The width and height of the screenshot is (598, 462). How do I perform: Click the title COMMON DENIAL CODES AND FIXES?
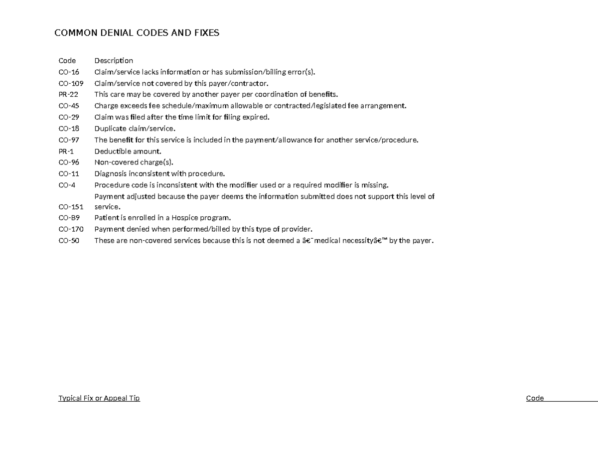(137, 33)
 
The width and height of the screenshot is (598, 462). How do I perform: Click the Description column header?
(114, 61)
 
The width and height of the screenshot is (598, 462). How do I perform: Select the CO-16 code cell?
(69, 72)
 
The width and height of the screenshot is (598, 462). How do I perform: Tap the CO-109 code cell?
(71, 83)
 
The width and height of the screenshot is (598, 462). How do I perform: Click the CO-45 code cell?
(69, 106)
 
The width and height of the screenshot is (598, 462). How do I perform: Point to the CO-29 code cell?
(69, 117)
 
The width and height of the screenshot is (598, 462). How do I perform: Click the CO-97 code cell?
(69, 140)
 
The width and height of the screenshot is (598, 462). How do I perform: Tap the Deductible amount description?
(128, 151)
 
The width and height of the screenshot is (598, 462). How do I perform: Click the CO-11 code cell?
(69, 174)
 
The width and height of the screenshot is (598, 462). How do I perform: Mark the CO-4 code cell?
(67, 185)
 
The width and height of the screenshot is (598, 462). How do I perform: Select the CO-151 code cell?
(71, 207)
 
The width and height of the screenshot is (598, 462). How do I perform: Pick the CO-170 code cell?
(71, 229)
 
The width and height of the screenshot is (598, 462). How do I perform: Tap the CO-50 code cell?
(69, 241)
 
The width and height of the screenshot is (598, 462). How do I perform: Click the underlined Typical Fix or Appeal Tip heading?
(99, 398)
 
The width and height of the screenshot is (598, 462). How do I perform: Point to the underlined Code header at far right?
(535, 398)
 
